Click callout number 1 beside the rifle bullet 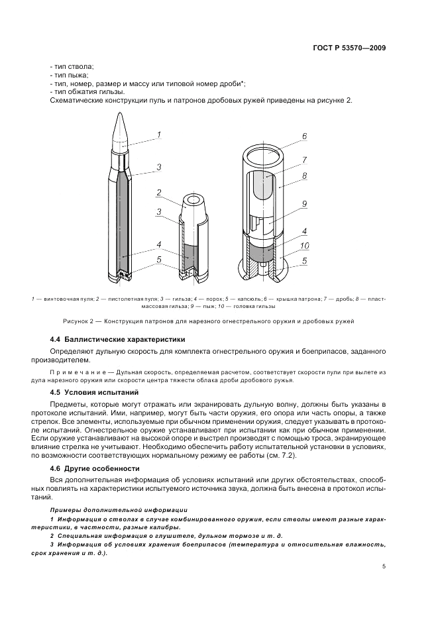point(159,135)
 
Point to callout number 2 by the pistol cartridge point(159,193)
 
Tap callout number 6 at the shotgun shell point(305,136)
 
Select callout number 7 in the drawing point(305,160)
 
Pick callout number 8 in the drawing point(305,177)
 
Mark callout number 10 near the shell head point(305,245)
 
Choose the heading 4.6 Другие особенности point(95,468)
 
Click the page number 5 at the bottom point(384,566)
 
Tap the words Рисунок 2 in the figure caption point(79,321)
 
